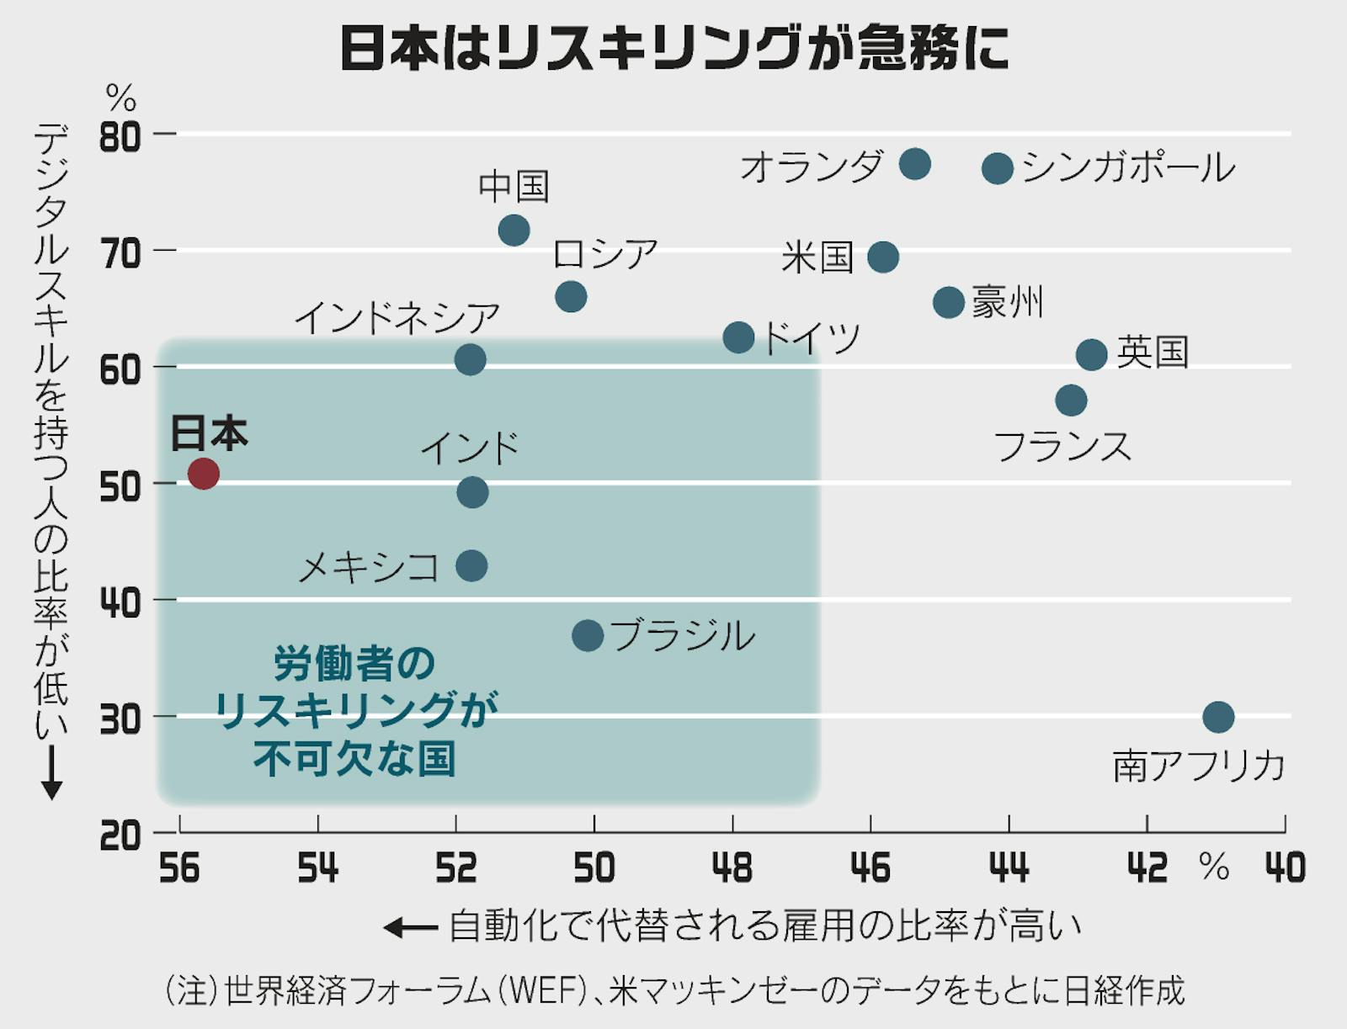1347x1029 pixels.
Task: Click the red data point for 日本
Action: pos(204,474)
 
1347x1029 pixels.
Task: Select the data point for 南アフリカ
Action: pos(1218,717)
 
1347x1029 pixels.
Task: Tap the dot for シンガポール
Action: pos(998,168)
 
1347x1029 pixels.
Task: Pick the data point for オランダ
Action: pos(914,163)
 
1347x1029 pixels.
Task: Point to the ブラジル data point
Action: pos(588,635)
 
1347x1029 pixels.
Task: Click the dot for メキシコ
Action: pos(471,565)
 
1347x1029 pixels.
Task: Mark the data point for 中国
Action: pos(514,230)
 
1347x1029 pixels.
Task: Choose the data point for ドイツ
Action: pos(738,337)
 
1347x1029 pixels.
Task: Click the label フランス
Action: pos(1062,446)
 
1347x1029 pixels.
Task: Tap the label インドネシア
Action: pos(397,318)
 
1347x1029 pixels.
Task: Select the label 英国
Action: pos(1153,352)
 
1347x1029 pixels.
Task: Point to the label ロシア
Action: pos(605,253)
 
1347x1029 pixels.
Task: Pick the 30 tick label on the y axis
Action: pos(120,720)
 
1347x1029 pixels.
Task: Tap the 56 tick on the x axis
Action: pos(179,867)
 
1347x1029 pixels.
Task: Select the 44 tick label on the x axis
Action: pos(1009,867)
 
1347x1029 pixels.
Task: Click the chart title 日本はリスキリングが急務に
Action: pos(674,48)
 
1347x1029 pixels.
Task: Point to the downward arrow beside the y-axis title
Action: pos(51,772)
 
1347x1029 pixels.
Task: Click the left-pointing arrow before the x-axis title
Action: pos(411,928)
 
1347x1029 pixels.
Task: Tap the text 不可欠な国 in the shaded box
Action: pos(354,758)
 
